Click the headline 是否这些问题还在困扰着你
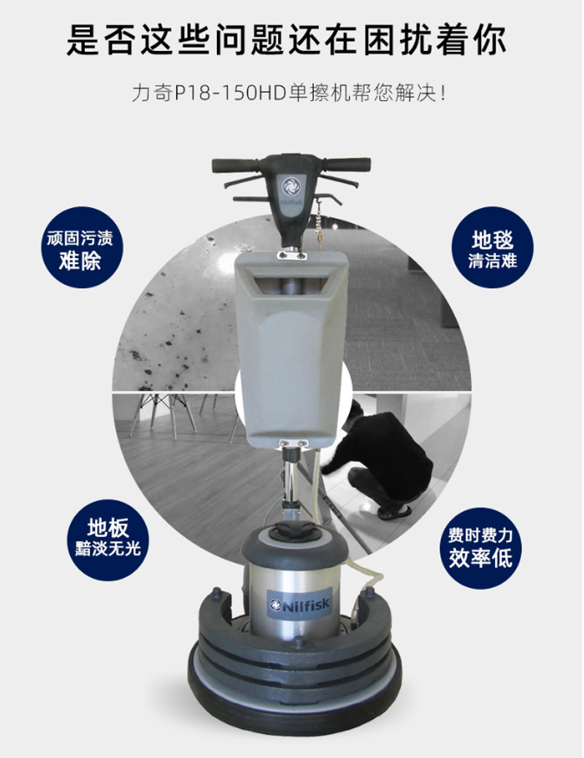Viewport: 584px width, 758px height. [286, 39]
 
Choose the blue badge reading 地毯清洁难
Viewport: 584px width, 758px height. [493, 248]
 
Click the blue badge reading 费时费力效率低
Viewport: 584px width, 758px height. [480, 548]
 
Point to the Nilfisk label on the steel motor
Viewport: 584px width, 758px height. [299, 604]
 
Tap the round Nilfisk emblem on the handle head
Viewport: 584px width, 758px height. [292, 185]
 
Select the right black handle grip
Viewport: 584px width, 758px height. [347, 164]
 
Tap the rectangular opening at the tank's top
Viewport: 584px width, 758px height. [291, 285]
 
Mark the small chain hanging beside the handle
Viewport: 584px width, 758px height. [320, 223]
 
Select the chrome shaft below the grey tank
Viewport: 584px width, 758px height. [292, 484]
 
